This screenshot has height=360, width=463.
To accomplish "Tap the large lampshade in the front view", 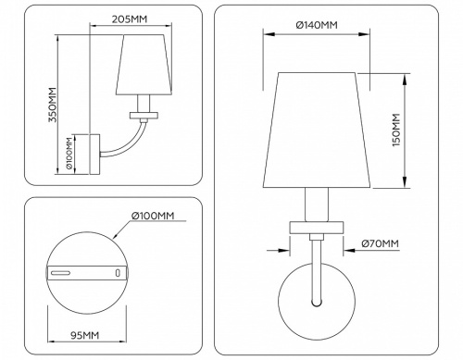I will click(x=318, y=130).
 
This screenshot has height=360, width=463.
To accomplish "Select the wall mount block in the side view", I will click(x=91, y=155).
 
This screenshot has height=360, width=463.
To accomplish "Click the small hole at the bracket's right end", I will click(x=117, y=273).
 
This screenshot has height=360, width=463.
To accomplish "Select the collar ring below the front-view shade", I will click(x=317, y=227).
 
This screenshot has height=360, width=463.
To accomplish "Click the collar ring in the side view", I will click(x=144, y=115).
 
